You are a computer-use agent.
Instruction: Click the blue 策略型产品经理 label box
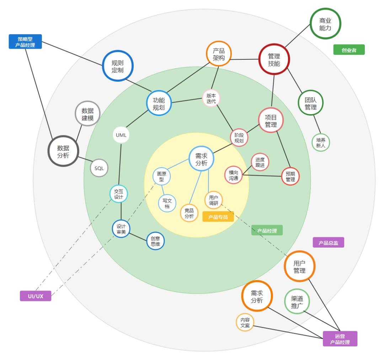point(25,41)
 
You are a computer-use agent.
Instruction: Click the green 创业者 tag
point(349,50)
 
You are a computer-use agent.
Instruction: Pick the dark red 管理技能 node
point(274,59)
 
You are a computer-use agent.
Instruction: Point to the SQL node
point(99,168)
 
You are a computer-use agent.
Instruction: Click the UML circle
point(121,135)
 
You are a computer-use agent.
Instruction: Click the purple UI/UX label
point(36,296)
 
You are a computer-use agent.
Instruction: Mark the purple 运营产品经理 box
point(340,339)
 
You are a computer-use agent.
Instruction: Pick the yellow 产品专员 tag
point(218,217)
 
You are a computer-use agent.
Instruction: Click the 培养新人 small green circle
point(321,142)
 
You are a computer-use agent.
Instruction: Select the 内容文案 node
point(245,322)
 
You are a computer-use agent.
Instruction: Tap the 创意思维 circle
point(155,242)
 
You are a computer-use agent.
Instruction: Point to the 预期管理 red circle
point(290,176)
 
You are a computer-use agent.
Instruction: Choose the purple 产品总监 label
point(328,243)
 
